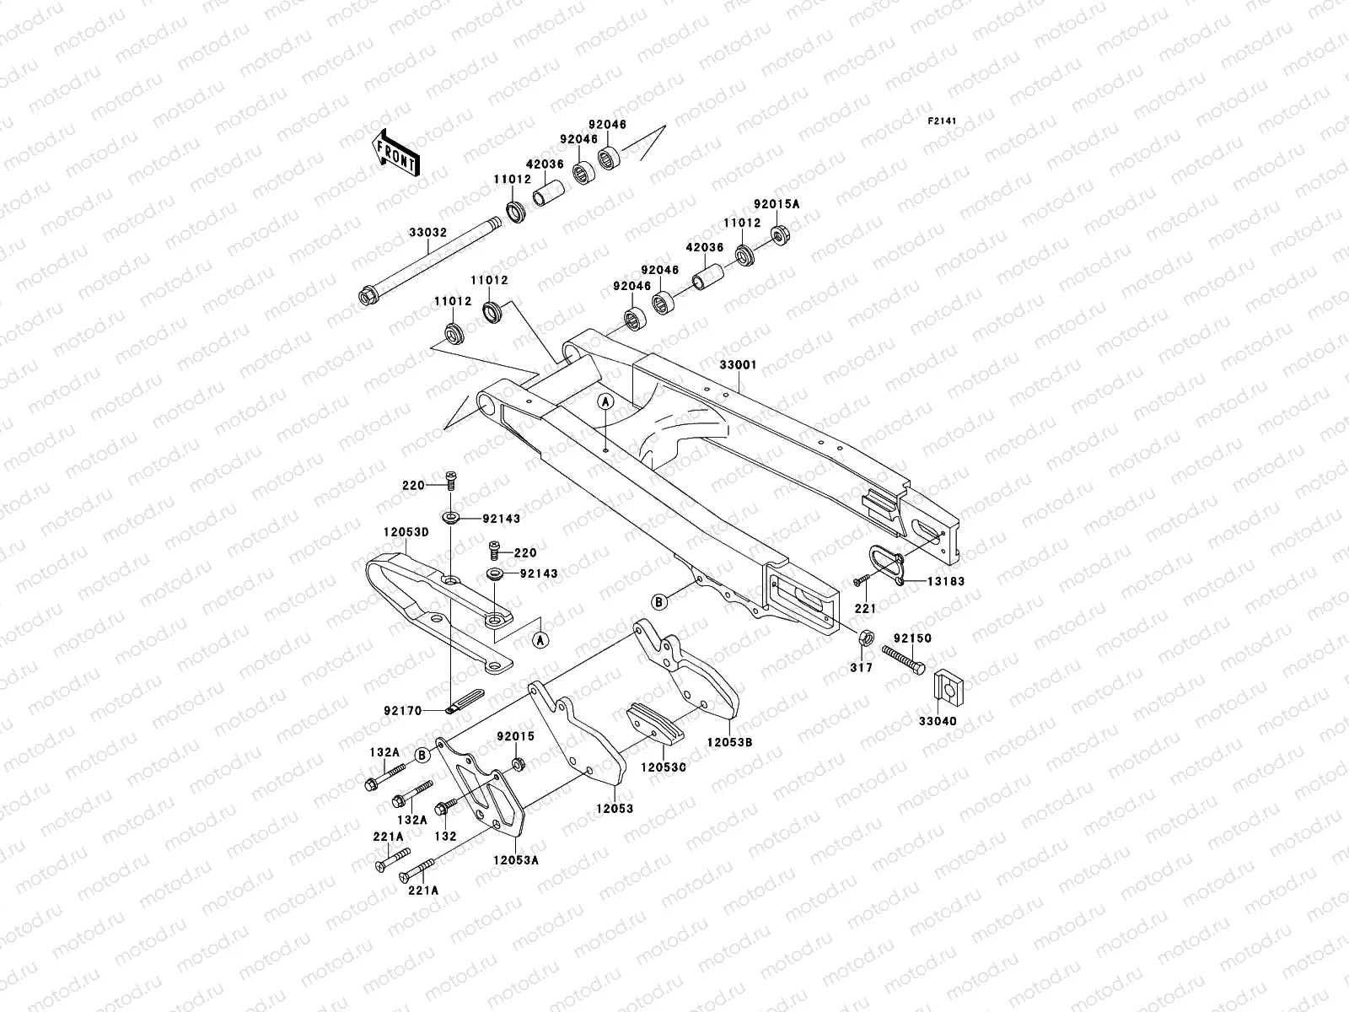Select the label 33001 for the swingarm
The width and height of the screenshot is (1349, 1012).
point(738,365)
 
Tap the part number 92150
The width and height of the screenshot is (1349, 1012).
point(912,638)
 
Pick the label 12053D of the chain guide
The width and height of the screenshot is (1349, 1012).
point(406,532)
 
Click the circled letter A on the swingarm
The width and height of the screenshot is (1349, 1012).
point(605,402)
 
